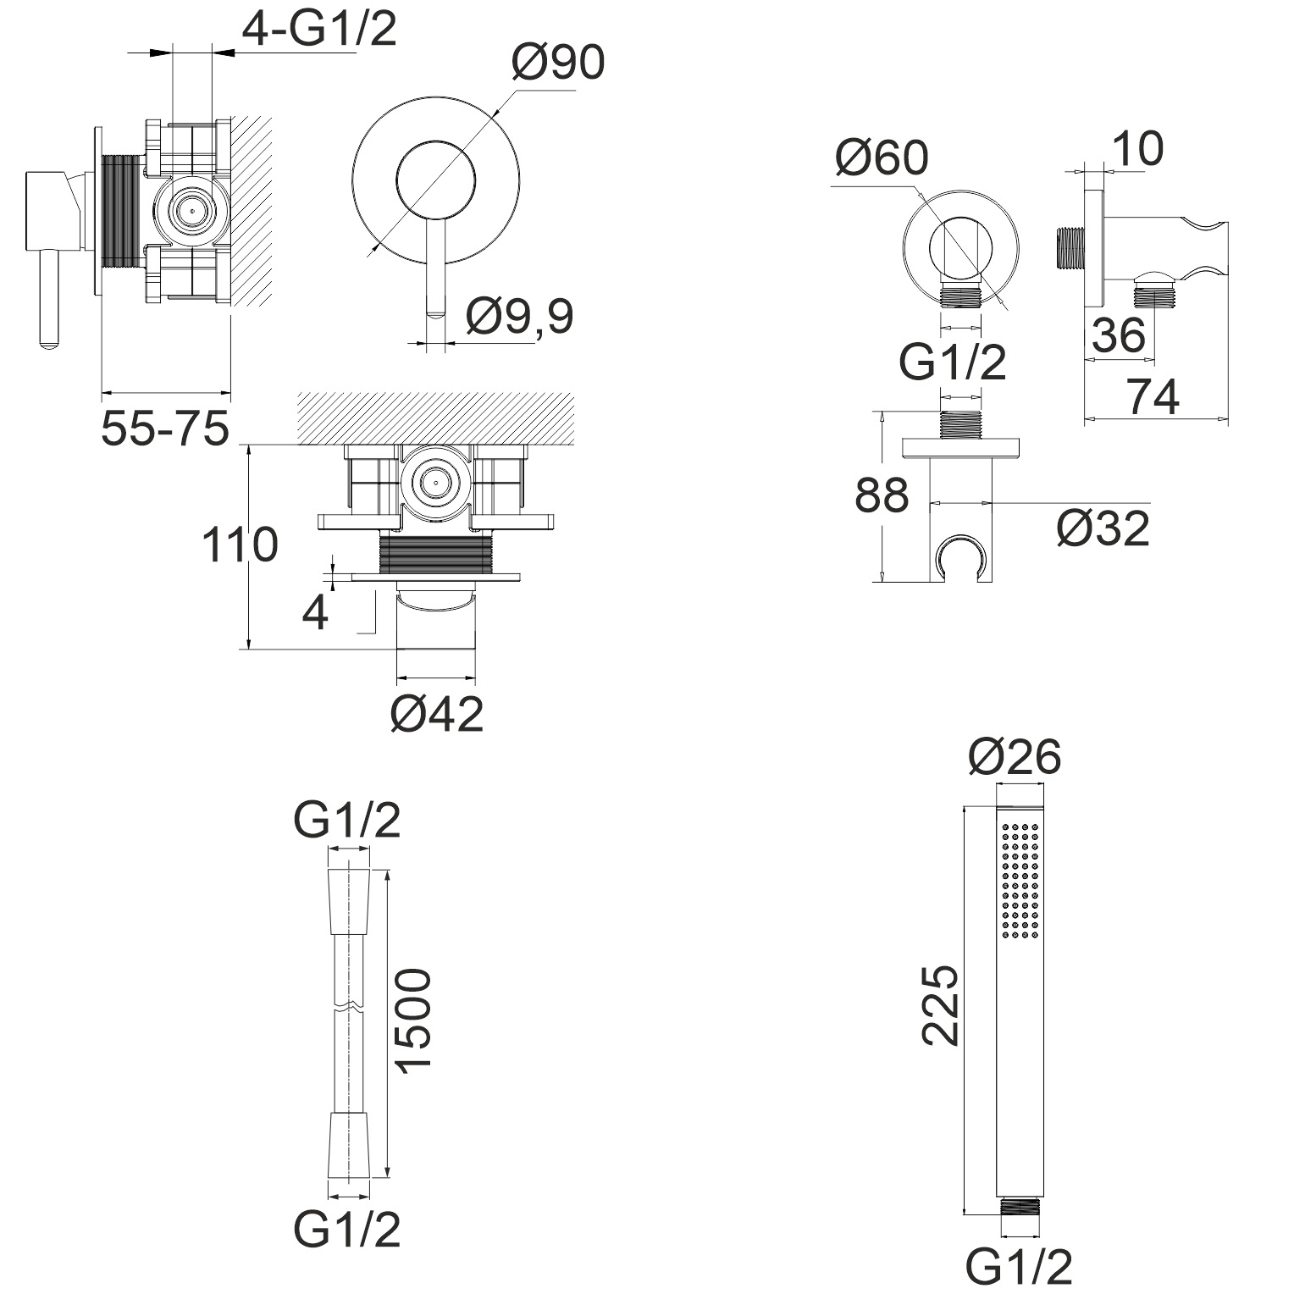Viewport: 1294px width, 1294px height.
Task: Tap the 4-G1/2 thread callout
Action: click(x=319, y=30)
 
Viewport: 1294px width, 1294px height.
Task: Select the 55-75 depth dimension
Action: click(x=165, y=429)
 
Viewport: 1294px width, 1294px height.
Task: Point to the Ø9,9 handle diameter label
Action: click(x=519, y=316)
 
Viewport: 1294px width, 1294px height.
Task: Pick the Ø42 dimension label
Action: click(x=436, y=714)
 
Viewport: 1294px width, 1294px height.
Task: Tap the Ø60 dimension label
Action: click(x=881, y=158)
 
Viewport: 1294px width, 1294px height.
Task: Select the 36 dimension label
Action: click(x=1118, y=335)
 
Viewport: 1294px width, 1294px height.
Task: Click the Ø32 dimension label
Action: click(x=1103, y=528)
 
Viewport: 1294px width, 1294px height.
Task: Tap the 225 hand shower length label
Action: click(x=940, y=1005)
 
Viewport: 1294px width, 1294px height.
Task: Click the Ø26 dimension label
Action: click(x=1014, y=756)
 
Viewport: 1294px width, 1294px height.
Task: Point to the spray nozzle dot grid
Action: click(x=1020, y=880)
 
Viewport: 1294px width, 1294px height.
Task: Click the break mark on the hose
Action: click(x=349, y=1009)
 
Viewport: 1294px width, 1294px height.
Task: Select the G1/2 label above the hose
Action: click(x=347, y=821)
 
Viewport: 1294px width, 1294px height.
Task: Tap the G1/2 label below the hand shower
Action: click(x=1020, y=1269)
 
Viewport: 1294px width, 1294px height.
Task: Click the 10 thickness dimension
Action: click(x=1137, y=149)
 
